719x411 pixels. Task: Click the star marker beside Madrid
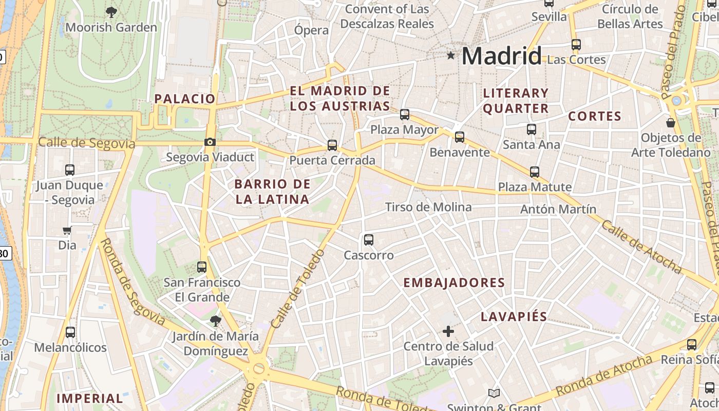451,55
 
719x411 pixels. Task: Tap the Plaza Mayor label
405,129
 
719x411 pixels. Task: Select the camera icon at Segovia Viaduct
210,142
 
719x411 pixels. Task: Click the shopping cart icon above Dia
67,231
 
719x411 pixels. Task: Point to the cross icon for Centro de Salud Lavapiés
448,331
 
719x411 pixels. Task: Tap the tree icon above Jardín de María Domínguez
216,321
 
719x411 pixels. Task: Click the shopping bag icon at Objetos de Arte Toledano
671,123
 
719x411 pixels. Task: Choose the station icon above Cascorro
369,239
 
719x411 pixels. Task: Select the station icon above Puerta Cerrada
332,145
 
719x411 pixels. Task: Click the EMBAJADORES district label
454,283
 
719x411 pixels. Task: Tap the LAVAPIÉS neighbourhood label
514,316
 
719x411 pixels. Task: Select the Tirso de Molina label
428,207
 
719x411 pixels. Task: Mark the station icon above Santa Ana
532,129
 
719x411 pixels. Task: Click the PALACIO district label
185,99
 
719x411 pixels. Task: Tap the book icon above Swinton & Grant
494,394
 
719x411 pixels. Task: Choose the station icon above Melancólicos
70,332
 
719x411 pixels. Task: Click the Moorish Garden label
111,27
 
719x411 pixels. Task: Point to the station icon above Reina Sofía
692,345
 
